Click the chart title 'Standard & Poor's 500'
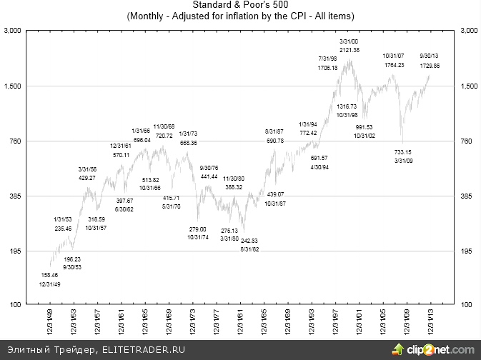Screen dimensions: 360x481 pos(240,5)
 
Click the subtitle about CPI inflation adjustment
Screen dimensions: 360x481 pos(240,15)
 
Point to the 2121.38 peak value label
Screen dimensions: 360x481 pos(350,49)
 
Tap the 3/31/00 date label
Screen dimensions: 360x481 pos(349,41)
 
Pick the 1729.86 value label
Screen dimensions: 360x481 pos(429,64)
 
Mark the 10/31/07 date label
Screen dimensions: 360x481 pos(394,56)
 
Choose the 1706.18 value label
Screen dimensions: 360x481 pos(328,66)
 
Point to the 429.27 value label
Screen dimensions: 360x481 pos(87,177)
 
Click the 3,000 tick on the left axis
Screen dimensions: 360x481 pos(12,31)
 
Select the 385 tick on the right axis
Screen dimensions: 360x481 pos(468,196)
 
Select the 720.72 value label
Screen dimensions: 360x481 pos(164,135)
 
